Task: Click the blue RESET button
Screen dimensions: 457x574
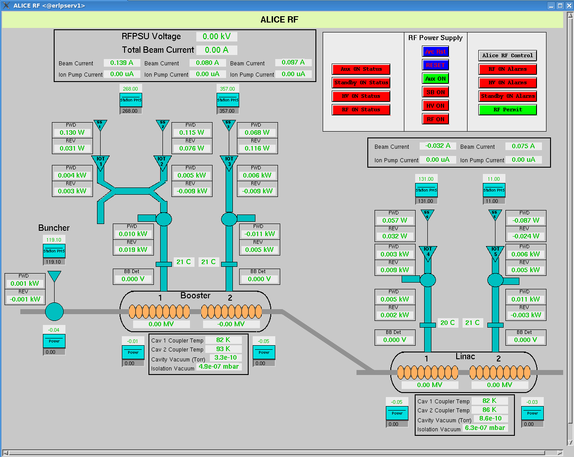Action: [435, 65]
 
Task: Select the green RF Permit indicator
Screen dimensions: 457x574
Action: [508, 110]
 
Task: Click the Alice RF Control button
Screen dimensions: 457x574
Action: [508, 55]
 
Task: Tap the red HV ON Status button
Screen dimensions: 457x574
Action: [361, 96]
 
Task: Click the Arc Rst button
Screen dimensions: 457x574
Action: [435, 51]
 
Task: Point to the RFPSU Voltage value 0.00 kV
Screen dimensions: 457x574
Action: [217, 37]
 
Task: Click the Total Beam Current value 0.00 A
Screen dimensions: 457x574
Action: [217, 50]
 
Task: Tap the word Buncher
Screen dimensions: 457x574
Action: [54, 228]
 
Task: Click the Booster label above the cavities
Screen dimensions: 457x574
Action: [195, 296]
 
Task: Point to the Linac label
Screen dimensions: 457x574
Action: [465, 356]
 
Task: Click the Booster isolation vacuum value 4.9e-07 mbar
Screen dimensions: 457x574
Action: [219, 367]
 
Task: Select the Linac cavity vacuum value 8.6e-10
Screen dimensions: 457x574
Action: [491, 419]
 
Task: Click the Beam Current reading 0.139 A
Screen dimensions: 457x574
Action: [122, 63]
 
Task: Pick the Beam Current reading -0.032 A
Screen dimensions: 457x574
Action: [438, 146]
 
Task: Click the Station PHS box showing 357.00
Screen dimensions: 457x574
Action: [228, 100]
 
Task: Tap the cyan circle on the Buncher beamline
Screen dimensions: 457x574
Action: [54, 311]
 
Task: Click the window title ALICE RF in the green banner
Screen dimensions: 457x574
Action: [279, 19]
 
